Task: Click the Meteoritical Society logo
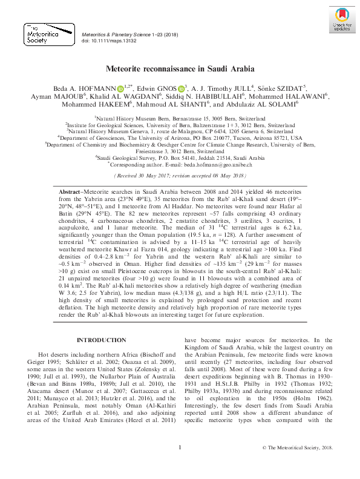pyautogui.click(x=45, y=34)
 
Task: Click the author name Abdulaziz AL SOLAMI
pyautogui.click(x=262, y=105)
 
